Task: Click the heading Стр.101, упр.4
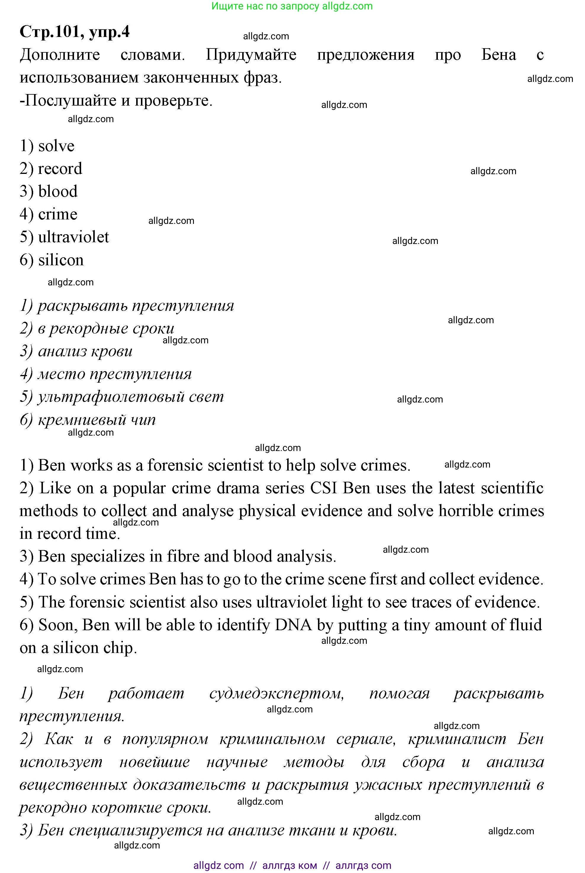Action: tap(74, 32)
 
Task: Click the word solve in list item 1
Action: tap(56, 146)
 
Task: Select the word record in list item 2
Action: tap(60, 169)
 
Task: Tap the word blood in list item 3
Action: tap(58, 192)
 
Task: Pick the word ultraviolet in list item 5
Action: tap(73, 237)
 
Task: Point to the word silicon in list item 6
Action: tap(61, 260)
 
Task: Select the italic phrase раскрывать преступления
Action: tap(135, 305)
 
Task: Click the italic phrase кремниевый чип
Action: tap(97, 420)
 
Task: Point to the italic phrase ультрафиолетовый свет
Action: tap(131, 397)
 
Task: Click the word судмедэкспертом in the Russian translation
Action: tap(276, 693)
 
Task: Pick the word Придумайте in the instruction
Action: tap(251, 55)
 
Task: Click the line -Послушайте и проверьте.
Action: tap(116, 100)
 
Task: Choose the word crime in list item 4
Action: tap(57, 214)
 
